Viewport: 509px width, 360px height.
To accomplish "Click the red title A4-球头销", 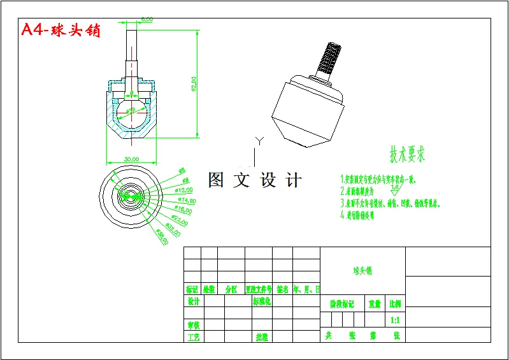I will [x=61, y=31].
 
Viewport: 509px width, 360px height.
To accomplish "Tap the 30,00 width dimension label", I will [x=132, y=159].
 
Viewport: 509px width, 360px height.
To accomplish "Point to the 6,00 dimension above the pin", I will [x=147, y=20].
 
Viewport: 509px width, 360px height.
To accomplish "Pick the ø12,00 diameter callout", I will [x=184, y=191].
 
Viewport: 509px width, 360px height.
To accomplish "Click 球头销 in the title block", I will [x=362, y=271].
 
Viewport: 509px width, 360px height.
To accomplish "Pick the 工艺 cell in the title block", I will [x=192, y=336].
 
